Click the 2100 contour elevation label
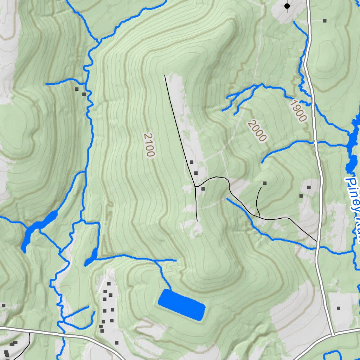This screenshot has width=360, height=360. [x=149, y=145]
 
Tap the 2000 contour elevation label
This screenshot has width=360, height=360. [x=257, y=130]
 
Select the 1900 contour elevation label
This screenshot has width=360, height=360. [x=298, y=111]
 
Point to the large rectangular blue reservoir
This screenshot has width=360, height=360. [x=181, y=305]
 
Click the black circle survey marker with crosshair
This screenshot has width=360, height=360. [x=287, y=6]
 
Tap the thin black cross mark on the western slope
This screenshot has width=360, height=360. [x=115, y=187]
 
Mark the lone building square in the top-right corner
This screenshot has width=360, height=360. [x=324, y=21]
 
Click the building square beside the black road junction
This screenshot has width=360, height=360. [x=203, y=189]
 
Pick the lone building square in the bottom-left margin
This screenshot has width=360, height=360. [x=4, y=306]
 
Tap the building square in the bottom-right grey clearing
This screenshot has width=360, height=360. [x=339, y=308]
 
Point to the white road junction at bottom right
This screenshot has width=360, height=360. [x=332, y=334]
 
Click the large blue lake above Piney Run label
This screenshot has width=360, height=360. [x=352, y=148]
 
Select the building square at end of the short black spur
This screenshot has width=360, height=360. [x=265, y=183]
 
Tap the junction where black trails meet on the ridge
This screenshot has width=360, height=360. [x=195, y=186]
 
